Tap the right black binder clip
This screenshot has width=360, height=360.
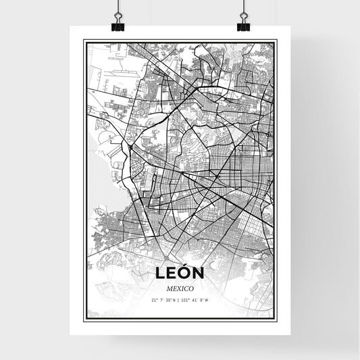click(242, 26)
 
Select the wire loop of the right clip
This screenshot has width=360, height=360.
click(242, 15)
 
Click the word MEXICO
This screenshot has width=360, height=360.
click(179, 288)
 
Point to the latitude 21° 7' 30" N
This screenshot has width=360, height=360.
click(163, 300)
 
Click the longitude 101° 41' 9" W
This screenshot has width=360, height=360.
click(195, 300)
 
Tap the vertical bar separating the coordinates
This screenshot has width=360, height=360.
click(179, 300)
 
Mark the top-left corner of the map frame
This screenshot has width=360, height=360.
click(84, 41)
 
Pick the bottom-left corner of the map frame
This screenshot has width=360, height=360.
click(84, 319)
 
